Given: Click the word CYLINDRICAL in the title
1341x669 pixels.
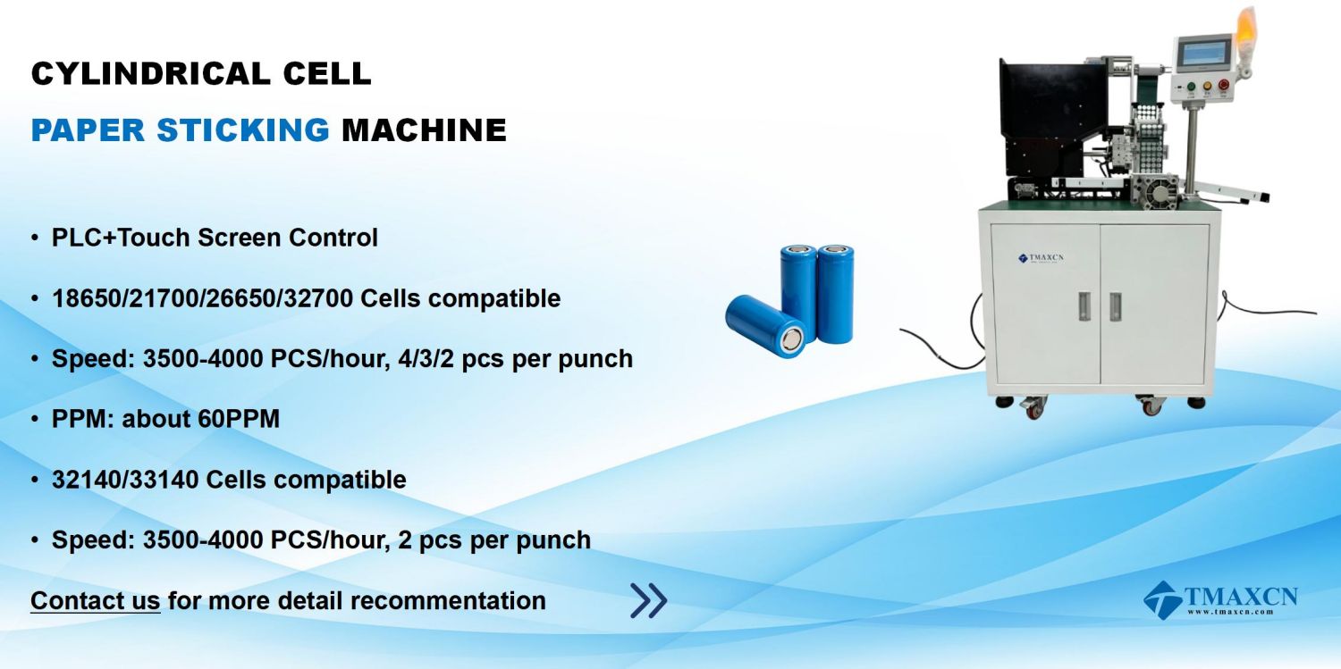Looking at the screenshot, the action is pyautogui.click(x=150, y=73).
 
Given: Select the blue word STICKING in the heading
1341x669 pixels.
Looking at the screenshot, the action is pyautogui.click(x=243, y=130).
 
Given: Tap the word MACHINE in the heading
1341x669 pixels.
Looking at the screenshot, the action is pyautogui.click(x=424, y=130).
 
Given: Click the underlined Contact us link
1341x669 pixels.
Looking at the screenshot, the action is pyautogui.click(x=95, y=600).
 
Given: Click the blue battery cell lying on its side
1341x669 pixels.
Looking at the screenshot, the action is pyautogui.click(x=765, y=326).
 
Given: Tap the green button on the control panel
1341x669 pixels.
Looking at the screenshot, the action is pyautogui.click(x=1191, y=87).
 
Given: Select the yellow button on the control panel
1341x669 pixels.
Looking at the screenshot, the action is pyautogui.click(x=1207, y=86).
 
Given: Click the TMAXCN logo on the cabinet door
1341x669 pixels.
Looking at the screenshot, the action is pyautogui.click(x=1042, y=258).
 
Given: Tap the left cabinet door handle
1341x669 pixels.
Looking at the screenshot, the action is pyautogui.click(x=1084, y=306).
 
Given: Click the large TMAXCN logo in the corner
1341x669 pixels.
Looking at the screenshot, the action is pyautogui.click(x=1220, y=599).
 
